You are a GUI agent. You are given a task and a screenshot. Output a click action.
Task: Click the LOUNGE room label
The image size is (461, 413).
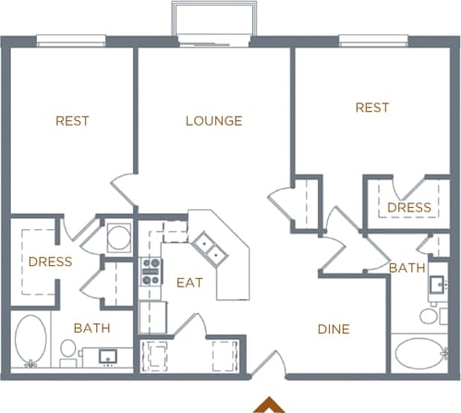click(x=213, y=121)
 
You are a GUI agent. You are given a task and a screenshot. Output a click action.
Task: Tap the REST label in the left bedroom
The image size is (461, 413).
click(x=72, y=120)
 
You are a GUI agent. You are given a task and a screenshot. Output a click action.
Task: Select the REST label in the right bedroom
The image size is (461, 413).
click(x=372, y=108)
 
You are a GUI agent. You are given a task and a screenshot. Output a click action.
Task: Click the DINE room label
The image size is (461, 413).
click(x=334, y=328)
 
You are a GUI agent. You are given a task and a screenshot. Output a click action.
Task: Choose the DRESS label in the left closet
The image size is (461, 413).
click(x=50, y=261)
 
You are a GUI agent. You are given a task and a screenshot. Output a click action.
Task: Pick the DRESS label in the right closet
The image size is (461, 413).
click(x=409, y=208)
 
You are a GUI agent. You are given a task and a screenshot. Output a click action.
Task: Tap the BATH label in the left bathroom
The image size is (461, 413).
click(x=91, y=328)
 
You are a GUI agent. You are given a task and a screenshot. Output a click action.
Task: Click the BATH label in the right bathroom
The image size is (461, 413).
click(x=406, y=268)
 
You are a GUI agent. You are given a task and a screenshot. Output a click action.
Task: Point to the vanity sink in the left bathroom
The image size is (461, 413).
click(x=107, y=356)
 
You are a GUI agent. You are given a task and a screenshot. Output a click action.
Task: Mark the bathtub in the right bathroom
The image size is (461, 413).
click(x=419, y=355)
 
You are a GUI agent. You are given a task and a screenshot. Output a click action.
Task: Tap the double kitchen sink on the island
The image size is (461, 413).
click(x=207, y=245)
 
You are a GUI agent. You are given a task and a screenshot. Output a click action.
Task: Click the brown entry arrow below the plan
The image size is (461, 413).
click(x=270, y=405)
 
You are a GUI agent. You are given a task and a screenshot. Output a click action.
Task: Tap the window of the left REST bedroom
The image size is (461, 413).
click(x=70, y=41)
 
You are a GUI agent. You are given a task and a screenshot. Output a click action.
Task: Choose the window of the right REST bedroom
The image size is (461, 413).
click(x=372, y=41)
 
